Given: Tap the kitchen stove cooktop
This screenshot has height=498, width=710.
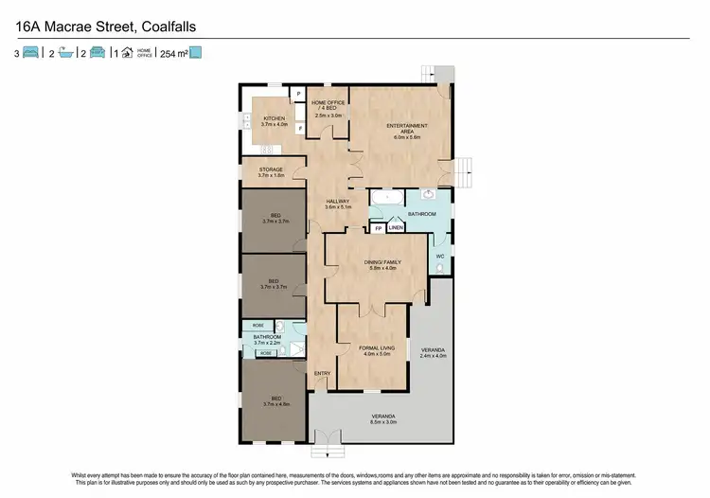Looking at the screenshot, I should (x=265, y=150).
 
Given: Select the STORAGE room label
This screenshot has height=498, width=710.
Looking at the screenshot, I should (x=270, y=169).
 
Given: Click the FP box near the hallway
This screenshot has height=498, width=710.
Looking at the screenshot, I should (x=378, y=228).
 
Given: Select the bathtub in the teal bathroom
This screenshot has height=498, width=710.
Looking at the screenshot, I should (x=385, y=198).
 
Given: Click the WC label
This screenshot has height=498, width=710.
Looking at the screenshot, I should (x=440, y=257).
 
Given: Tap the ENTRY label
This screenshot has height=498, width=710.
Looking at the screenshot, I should (x=322, y=373).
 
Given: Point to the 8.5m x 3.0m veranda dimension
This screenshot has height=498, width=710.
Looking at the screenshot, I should (x=382, y=423).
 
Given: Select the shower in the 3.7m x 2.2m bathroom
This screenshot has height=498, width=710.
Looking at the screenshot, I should (x=294, y=349).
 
